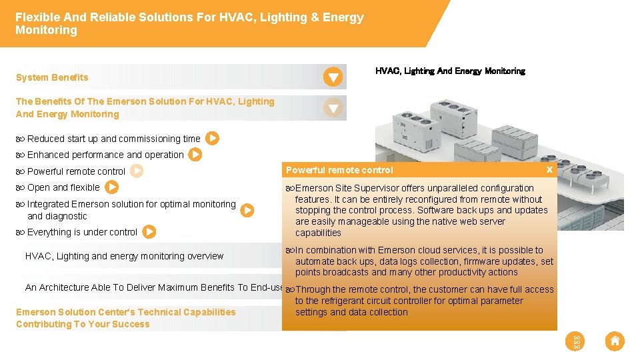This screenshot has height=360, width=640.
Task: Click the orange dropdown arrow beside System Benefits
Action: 333,77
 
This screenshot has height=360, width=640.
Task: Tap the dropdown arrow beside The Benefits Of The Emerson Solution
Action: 333,107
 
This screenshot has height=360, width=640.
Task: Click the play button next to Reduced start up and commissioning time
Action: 212,139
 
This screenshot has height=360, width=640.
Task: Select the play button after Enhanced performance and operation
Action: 195,155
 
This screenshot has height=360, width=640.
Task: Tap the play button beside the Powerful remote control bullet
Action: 137,171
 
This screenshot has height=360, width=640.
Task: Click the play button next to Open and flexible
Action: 112,187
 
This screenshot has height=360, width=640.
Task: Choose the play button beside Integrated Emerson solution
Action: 247,210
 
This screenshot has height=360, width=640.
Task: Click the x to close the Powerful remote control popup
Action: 549,170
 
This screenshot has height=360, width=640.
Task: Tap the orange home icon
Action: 615,341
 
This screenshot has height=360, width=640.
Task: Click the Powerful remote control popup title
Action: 339,170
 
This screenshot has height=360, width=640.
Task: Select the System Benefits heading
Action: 52,77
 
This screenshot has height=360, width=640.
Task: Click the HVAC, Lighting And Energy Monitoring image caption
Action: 450,71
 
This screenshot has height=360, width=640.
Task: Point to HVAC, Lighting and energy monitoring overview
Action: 124,256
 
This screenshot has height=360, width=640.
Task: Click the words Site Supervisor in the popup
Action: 359,188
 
